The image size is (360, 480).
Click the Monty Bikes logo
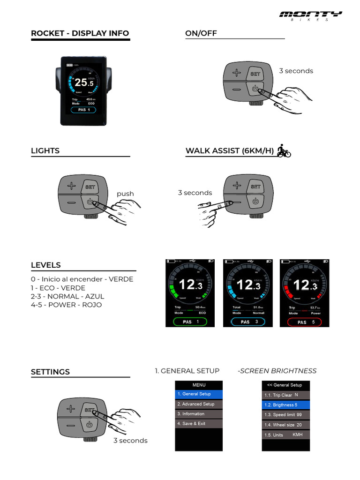coord(310,15)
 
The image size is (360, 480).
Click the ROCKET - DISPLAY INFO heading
coord(80,33)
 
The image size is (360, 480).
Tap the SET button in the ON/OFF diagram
coord(255,74)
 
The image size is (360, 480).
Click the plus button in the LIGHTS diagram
coord(71,187)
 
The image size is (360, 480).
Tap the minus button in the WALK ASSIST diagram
coord(237,202)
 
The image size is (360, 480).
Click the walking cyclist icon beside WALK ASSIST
coord(284,150)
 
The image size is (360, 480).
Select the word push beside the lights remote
coord(125,194)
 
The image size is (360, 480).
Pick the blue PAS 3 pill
coord(248,322)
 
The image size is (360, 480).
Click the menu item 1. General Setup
coord(199,394)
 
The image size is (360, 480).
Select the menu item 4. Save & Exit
coord(199,424)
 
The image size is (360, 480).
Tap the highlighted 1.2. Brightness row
coord(285,405)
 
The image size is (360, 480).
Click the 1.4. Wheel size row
coord(285,425)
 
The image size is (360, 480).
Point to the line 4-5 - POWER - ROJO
coord(66,305)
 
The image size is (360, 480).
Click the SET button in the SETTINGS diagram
coord(90,410)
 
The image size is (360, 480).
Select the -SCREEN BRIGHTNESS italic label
coord(277,371)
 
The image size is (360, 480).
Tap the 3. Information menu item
coord(199,414)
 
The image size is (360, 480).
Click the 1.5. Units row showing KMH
coord(285,435)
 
